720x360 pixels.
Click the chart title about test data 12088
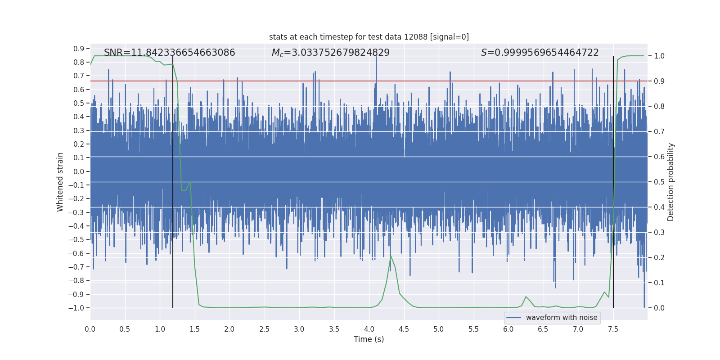369,37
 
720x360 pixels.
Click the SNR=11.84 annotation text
169,53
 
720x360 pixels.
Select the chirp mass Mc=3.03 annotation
330,53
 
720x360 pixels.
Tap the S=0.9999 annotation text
540,53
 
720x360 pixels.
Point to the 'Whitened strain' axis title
60,182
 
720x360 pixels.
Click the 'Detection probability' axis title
670,182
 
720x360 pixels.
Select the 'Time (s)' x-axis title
369,339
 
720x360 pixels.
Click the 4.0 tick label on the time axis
369,329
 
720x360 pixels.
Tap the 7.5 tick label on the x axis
613,329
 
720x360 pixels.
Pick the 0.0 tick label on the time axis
90,329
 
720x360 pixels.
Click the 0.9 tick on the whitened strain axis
79,49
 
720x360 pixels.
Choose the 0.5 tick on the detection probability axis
659,182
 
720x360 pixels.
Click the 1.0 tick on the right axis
659,56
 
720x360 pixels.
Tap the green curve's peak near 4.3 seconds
391,256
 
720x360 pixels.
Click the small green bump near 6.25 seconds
526,297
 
